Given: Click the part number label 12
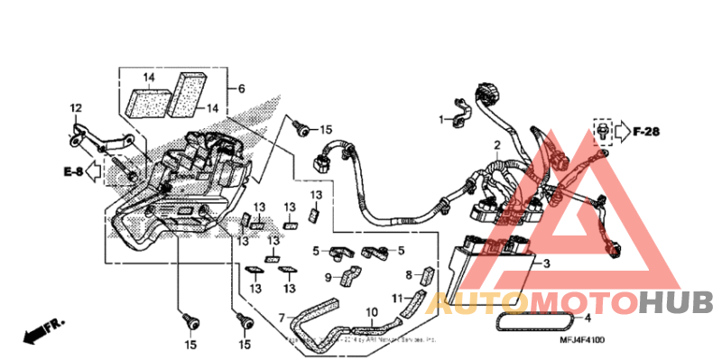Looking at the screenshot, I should click(x=76, y=108).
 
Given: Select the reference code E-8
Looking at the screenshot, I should click(x=73, y=171).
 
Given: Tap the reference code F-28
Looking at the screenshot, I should click(x=646, y=133).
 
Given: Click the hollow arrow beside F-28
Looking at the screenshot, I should click(x=621, y=133).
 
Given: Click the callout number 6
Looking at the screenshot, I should click(x=242, y=88).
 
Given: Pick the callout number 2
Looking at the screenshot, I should click(x=495, y=145).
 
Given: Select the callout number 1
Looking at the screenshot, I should click(x=442, y=119).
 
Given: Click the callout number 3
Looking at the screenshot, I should click(x=544, y=264).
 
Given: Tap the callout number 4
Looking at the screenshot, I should click(x=588, y=318).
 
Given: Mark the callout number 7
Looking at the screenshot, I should click(x=282, y=318).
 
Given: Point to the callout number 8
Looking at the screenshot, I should click(x=408, y=274).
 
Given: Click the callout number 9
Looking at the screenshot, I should click(x=329, y=278).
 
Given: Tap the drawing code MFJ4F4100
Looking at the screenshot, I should click(x=582, y=340).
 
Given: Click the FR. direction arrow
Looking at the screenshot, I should click(x=42, y=331).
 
